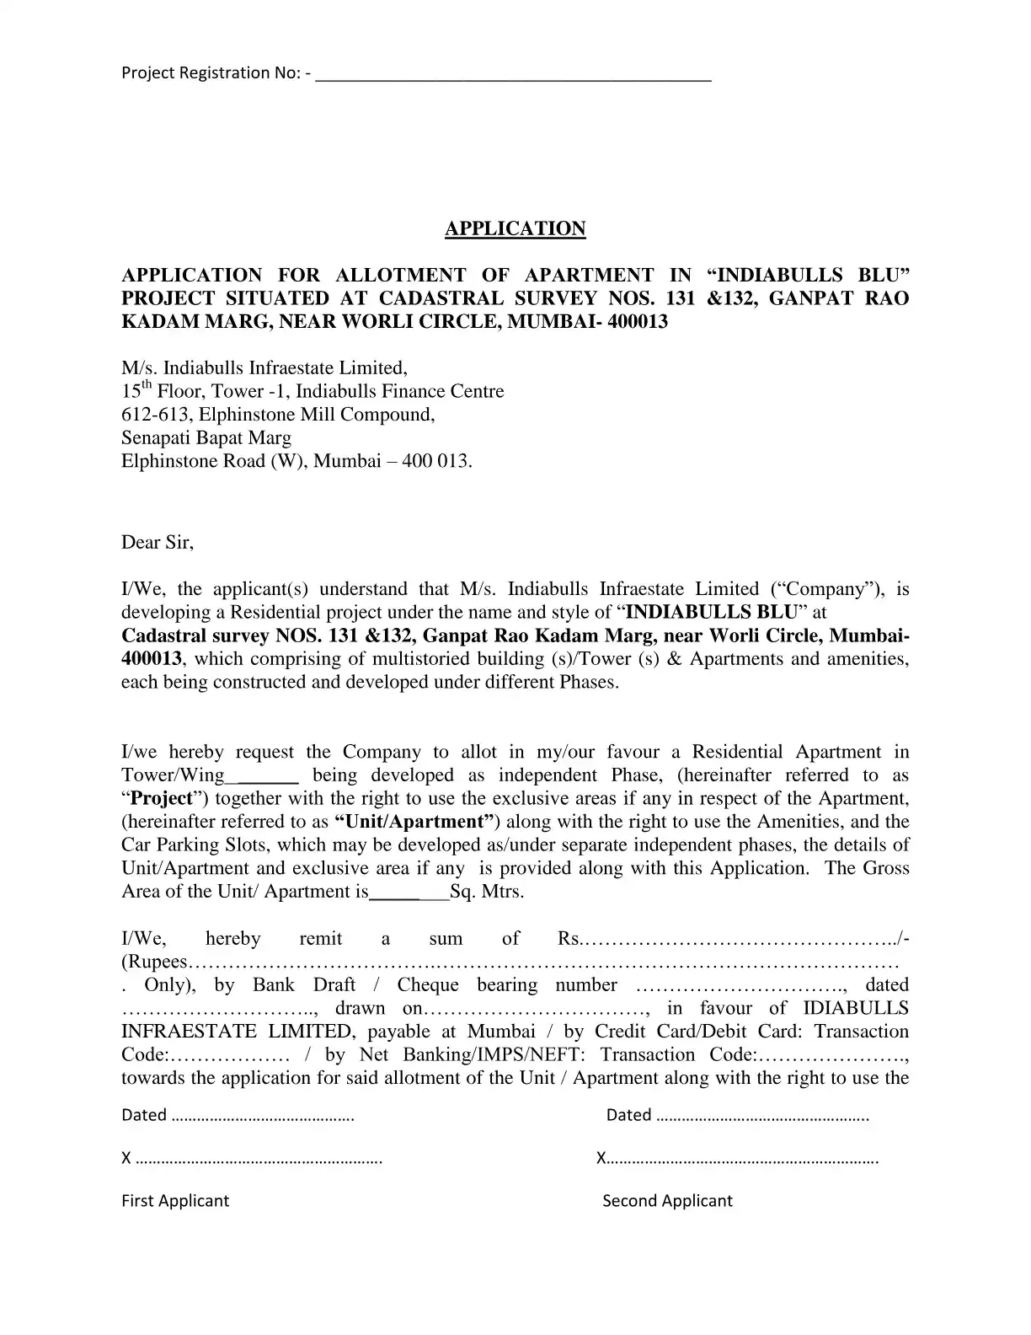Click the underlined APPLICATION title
pos(515,229)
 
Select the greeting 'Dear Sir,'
pos(158,543)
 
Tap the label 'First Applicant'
pos(175,1201)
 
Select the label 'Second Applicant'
pos(667,1201)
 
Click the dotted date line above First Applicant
pos(262,1117)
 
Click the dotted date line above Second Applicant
pos(761,1117)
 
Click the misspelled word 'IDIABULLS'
pos(856,1009)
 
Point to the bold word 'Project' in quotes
pos(162,799)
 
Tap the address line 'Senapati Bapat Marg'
pos(206,438)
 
